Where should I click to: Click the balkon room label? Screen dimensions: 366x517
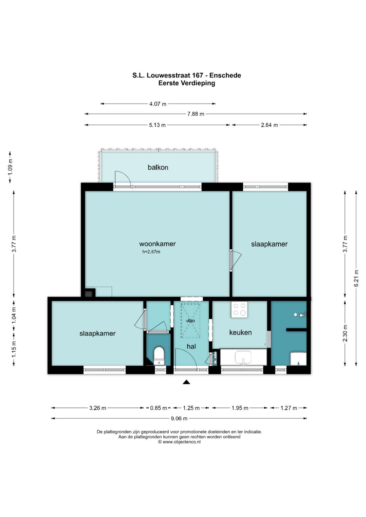tap(158, 167)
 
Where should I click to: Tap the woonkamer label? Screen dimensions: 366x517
tap(157, 244)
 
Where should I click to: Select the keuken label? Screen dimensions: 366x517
tap(240, 332)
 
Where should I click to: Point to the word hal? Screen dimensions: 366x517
tap(191, 346)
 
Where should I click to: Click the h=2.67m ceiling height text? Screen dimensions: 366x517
tap(151, 252)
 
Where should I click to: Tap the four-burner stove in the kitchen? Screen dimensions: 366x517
tap(239, 309)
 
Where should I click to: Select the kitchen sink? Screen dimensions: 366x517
tap(243, 358)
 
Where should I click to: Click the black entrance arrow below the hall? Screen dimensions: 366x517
tap(186, 382)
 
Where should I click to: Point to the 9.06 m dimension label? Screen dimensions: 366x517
tap(179, 418)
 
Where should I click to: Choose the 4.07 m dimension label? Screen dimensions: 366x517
tap(158, 104)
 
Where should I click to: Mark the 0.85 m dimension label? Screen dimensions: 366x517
tap(159, 408)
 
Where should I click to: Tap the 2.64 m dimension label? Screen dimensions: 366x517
tap(269, 125)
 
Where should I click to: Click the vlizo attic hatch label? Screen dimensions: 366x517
tap(190, 321)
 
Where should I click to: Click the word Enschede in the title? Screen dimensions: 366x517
tap(225, 75)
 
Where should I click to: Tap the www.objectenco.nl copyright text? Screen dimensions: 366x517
tap(179, 442)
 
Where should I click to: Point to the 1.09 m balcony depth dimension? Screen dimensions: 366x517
tap(10, 167)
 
